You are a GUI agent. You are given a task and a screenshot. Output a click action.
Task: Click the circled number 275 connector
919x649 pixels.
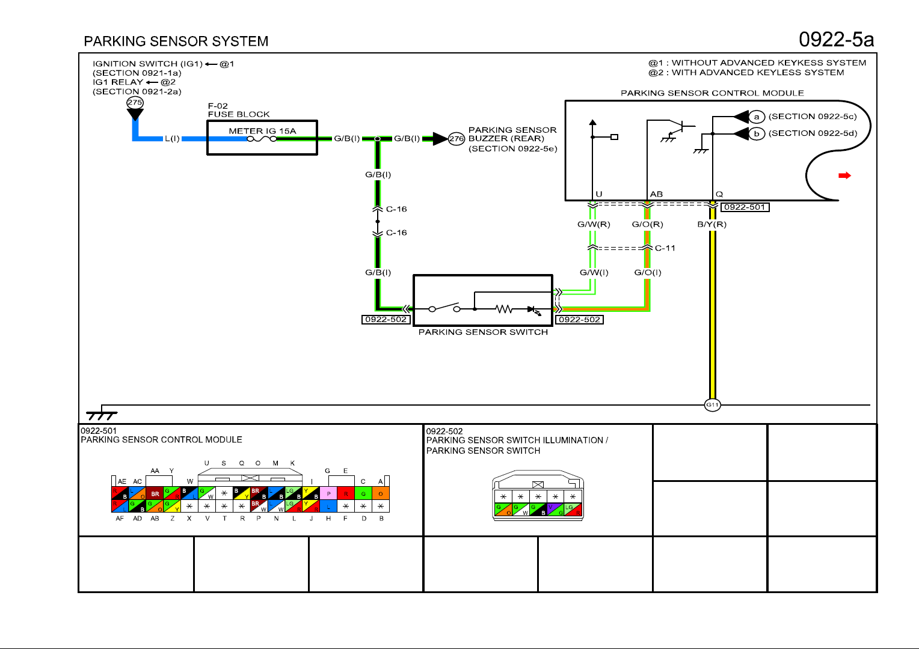(x=135, y=103)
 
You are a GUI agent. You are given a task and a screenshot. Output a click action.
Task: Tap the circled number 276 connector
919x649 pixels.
(x=456, y=139)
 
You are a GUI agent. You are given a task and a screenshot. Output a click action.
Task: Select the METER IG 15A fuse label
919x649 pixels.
(x=262, y=131)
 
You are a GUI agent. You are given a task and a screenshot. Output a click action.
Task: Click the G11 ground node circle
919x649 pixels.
(x=712, y=405)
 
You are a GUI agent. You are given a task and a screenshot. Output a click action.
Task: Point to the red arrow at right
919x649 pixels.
(x=844, y=175)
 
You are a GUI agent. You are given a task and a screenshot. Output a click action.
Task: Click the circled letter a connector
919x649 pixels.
(x=757, y=117)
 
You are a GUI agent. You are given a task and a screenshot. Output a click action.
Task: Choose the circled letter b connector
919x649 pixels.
(x=757, y=133)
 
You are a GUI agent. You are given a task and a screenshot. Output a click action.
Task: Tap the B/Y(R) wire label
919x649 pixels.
(x=712, y=225)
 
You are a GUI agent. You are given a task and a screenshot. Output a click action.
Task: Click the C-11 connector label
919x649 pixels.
(x=665, y=248)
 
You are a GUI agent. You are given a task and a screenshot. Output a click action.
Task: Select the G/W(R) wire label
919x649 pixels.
(x=594, y=225)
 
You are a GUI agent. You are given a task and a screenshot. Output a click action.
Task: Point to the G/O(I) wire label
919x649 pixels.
(x=648, y=273)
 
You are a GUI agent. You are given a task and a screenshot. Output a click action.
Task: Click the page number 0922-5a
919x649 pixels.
(x=836, y=40)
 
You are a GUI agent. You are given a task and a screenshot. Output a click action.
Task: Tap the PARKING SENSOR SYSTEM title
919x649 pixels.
(x=176, y=41)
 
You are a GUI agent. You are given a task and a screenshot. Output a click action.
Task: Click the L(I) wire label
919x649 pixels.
(x=172, y=139)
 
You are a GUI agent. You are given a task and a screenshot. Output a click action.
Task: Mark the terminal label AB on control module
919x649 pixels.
(x=656, y=194)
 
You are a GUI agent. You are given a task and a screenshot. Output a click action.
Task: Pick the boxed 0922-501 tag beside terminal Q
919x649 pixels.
(x=745, y=207)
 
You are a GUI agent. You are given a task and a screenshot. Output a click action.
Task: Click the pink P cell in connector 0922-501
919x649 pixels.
(x=328, y=494)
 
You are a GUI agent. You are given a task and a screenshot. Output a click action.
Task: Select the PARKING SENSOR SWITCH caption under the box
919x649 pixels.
(x=483, y=332)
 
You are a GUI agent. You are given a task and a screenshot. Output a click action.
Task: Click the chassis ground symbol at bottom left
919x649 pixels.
(x=101, y=415)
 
